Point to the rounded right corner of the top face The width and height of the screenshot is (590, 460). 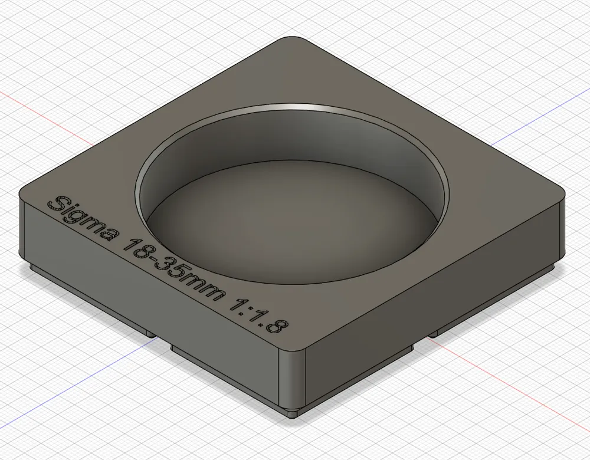tap(558, 198)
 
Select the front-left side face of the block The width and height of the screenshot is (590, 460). tap(147, 295)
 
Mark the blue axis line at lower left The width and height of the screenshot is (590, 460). tap(88, 366)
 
